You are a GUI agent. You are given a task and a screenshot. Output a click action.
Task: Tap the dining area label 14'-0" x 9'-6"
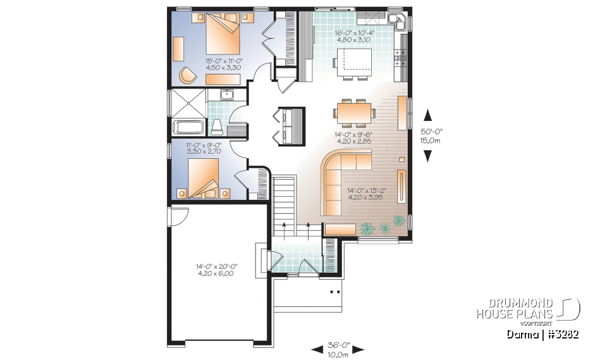[353, 138]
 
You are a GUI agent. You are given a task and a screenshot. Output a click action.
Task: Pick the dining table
[353, 114]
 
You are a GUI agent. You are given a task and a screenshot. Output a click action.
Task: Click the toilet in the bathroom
[216, 127]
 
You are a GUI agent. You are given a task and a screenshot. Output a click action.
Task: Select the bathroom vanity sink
[227, 96]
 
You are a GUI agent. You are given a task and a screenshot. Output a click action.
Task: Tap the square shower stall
[188, 102]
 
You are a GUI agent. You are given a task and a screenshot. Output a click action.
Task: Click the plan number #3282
[559, 333]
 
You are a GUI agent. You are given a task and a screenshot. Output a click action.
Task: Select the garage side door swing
[178, 215]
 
